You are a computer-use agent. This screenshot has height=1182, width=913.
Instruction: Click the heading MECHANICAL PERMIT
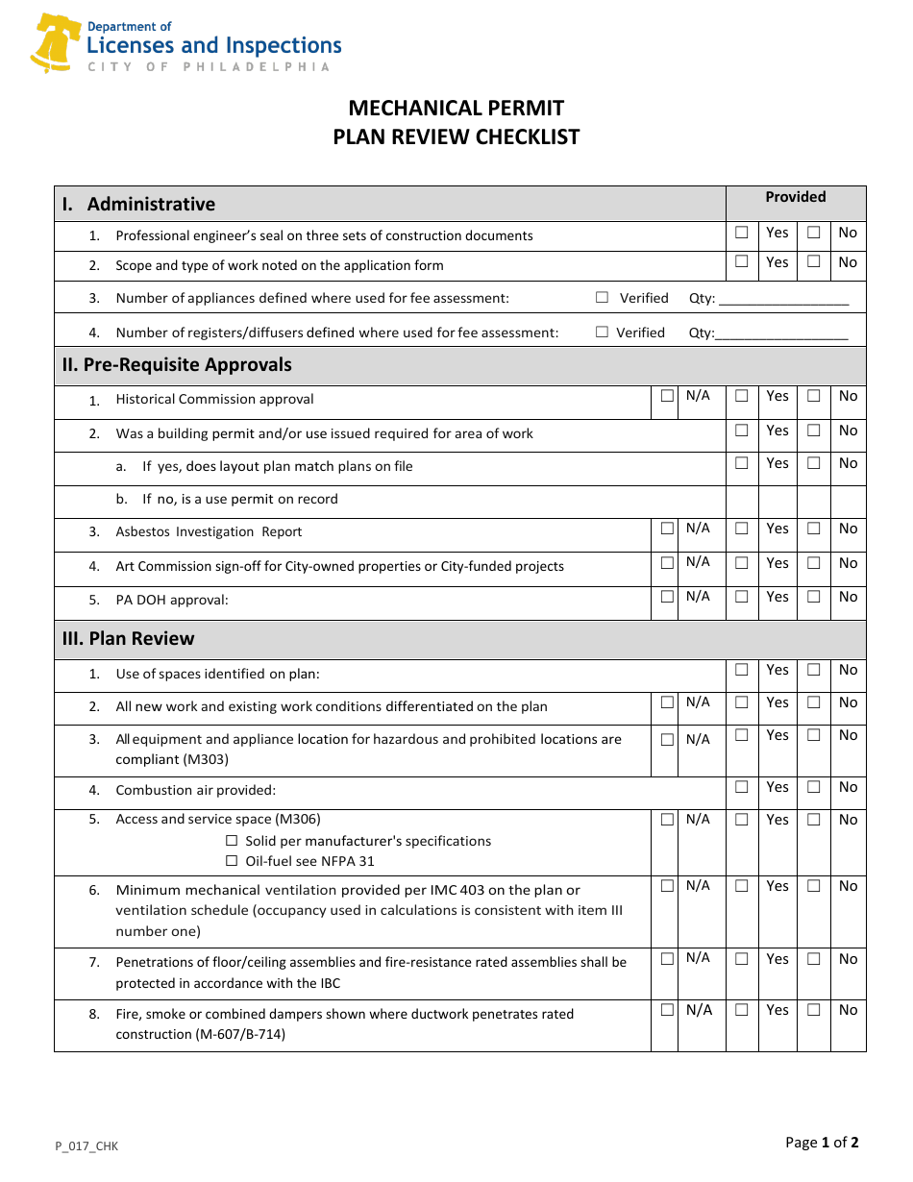(456, 108)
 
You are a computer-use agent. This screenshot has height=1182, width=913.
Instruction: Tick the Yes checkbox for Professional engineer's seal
(742, 233)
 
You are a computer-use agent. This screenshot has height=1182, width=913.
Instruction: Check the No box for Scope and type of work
(814, 261)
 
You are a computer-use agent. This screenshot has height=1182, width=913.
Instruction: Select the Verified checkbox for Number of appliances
(603, 298)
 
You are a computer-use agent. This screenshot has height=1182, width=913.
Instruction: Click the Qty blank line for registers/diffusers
(781, 333)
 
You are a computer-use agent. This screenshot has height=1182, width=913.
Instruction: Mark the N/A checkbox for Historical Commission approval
(667, 396)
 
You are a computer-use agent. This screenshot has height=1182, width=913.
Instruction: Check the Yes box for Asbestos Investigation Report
(742, 529)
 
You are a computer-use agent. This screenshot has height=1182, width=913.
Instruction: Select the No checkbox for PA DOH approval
(814, 597)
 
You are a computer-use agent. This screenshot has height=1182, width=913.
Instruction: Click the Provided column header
(795, 197)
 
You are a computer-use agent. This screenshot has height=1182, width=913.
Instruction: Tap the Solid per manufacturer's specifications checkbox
(232, 841)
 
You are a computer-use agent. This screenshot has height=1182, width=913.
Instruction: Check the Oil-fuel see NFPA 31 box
(232, 861)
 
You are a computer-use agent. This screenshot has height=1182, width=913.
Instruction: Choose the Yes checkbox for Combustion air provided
(742, 787)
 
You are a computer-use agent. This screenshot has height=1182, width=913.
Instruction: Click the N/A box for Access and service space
(667, 820)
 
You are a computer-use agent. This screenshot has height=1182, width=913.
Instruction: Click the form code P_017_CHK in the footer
(86, 1145)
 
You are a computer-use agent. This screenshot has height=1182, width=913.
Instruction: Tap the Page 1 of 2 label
(822, 1143)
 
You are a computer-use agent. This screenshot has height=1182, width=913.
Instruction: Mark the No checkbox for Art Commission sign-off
(814, 563)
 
